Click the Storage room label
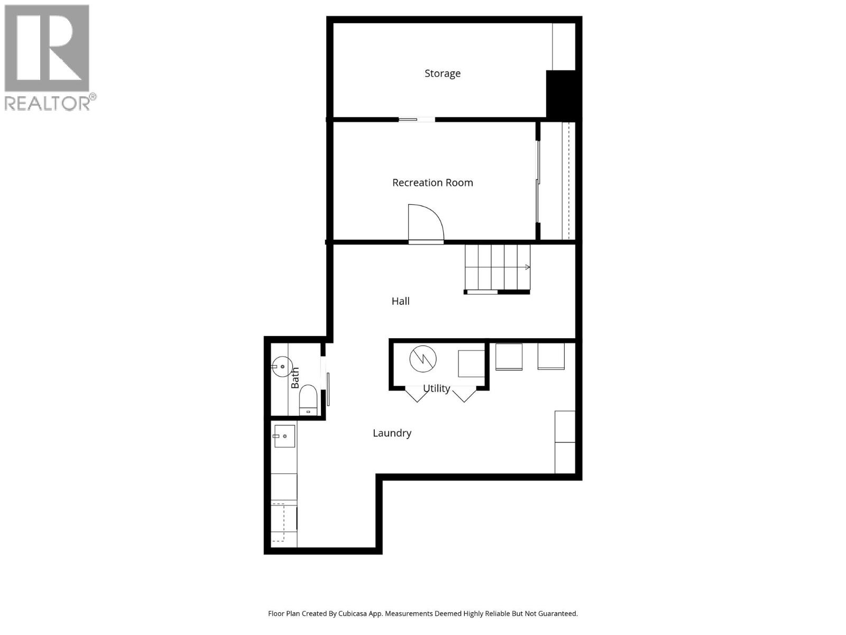(x=443, y=74)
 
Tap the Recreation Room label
(x=433, y=183)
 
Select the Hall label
(x=400, y=301)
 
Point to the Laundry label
(x=392, y=433)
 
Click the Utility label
(x=437, y=388)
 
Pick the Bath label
(x=295, y=378)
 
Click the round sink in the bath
(x=282, y=366)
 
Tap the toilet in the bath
(x=308, y=399)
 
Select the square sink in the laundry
(x=284, y=436)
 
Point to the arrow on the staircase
(x=527, y=267)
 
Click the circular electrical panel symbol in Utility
(x=424, y=359)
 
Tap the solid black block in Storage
(x=563, y=94)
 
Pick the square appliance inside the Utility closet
(x=471, y=364)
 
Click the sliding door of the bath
(x=328, y=389)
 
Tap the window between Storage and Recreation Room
(x=417, y=120)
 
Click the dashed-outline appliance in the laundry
(x=284, y=523)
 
